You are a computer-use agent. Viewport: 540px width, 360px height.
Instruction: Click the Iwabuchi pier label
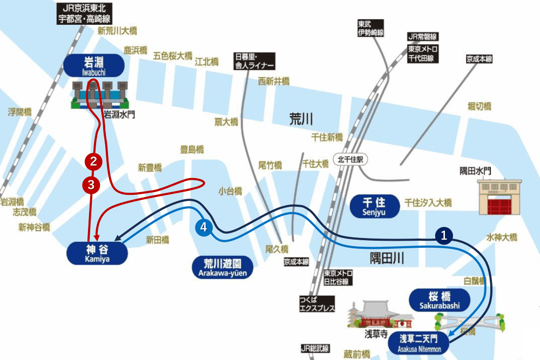pyautogui.click(x=94, y=65)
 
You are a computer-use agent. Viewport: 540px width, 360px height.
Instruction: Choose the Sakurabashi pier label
pyautogui.click(x=439, y=300)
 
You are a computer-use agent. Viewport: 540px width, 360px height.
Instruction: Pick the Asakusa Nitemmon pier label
pyautogui.click(x=420, y=343)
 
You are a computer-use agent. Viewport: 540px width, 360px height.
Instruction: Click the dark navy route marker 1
pyautogui.click(x=444, y=235)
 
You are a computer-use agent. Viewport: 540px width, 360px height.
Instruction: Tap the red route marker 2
pyautogui.click(x=93, y=160)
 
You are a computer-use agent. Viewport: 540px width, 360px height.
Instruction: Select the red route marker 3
pyautogui.click(x=91, y=185)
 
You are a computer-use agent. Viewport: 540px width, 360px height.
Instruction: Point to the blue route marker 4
pyautogui.click(x=204, y=228)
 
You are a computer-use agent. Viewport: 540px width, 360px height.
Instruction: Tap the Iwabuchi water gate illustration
pyautogui.click(x=101, y=95)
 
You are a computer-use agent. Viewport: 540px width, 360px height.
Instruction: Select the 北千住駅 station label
pyautogui.click(x=350, y=160)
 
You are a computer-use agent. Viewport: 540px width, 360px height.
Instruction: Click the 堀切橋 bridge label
pyautogui.click(x=480, y=107)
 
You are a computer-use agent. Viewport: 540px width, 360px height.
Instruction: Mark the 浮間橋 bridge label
pyautogui.click(x=19, y=112)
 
